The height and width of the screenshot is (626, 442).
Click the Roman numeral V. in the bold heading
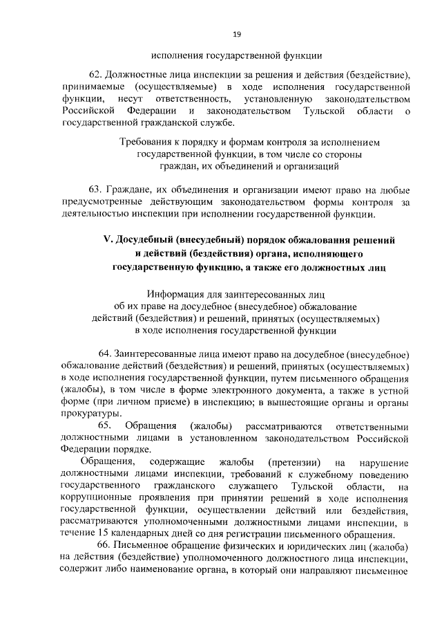tap(107, 239)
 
